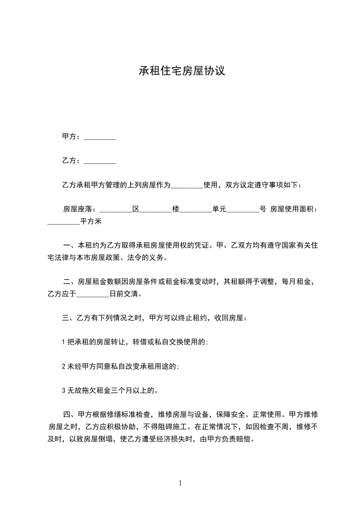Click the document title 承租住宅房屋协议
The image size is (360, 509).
182,71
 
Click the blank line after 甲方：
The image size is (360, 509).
100,137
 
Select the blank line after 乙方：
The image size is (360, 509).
100,161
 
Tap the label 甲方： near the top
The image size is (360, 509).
72,137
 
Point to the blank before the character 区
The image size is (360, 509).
115,210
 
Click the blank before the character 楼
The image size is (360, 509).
156,210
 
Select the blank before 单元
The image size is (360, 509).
196,210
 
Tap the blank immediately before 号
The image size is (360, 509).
242,210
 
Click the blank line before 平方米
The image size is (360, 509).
64,223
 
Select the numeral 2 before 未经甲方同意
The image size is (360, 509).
64,366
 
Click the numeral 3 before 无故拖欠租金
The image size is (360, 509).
64,390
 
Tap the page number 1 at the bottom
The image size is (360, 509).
180,484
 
